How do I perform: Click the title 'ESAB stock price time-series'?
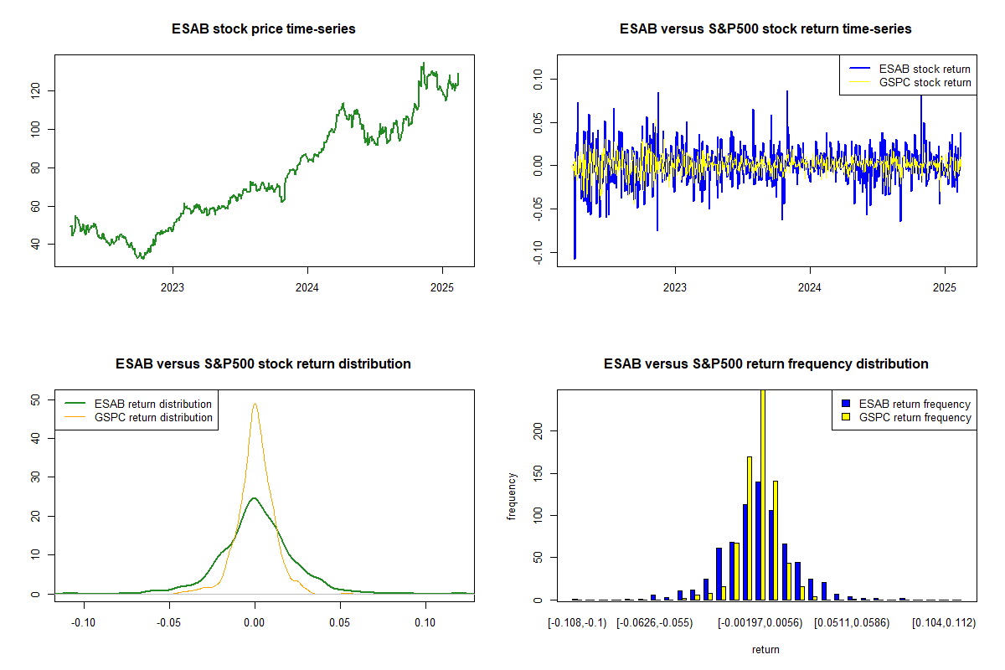click(264, 29)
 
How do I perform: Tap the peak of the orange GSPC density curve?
click(255, 404)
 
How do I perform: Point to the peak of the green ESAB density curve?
click(254, 498)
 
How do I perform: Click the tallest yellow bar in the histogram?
click(763, 494)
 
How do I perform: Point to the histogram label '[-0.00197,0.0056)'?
click(760, 623)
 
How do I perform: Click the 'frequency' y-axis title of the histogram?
click(513, 497)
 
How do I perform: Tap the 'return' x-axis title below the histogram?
click(765, 649)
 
